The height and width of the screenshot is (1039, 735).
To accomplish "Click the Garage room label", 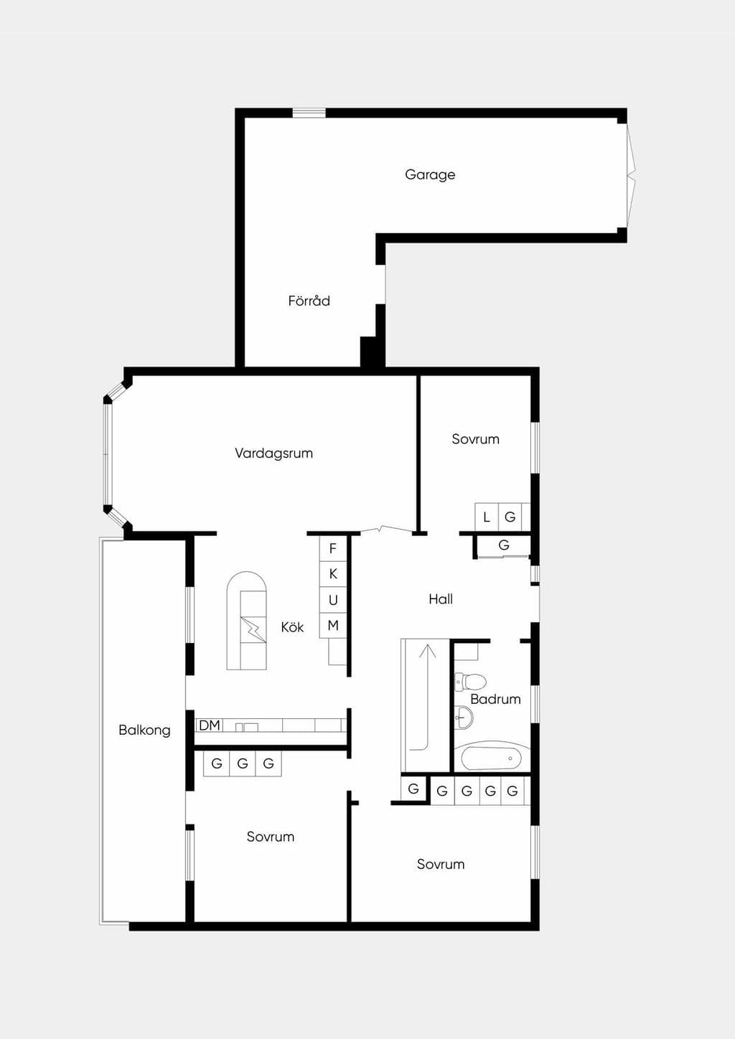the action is [x=430, y=175].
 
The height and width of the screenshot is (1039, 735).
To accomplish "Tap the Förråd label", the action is [x=309, y=301].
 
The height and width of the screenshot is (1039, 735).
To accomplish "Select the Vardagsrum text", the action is [x=273, y=453].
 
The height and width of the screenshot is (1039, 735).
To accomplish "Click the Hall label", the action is [x=441, y=599].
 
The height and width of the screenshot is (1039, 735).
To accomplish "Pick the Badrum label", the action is [x=495, y=699].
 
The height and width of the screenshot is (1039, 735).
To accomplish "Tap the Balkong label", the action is [x=144, y=730].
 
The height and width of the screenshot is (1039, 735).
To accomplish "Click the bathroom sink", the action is [x=464, y=718].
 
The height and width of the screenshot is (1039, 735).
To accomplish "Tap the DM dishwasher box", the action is [x=210, y=725].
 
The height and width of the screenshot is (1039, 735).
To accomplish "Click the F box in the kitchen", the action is [x=333, y=549].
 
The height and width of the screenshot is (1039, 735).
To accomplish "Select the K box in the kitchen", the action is [x=333, y=574].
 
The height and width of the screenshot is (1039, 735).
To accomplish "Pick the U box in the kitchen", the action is [x=333, y=600].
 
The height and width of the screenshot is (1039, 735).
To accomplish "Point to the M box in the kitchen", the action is [x=333, y=626].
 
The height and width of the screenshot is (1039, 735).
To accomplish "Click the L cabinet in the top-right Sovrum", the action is [x=486, y=517].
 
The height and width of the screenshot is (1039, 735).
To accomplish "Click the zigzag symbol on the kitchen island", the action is [x=253, y=629].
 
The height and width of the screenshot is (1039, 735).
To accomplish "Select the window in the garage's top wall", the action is [x=309, y=113].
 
